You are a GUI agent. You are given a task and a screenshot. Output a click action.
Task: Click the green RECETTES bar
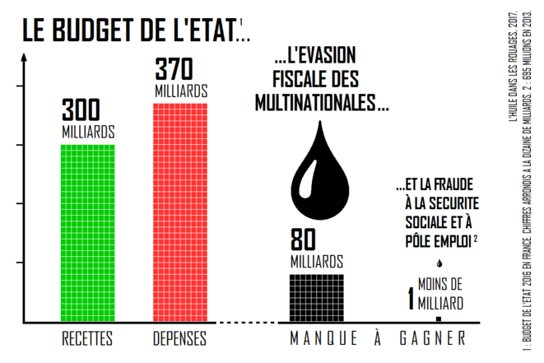[87, 232]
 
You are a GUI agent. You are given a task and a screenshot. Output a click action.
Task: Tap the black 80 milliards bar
[317, 296]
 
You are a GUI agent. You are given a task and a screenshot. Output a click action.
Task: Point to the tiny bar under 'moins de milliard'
[439, 318]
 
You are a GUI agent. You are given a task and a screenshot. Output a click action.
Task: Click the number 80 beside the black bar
[305, 241]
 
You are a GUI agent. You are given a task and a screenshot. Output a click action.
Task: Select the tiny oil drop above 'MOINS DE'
[439, 264]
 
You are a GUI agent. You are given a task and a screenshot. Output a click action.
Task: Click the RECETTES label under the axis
[87, 338]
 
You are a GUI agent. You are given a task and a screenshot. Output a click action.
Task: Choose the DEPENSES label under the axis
[180, 338]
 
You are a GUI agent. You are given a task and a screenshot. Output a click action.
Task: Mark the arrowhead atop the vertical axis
[26, 58]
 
